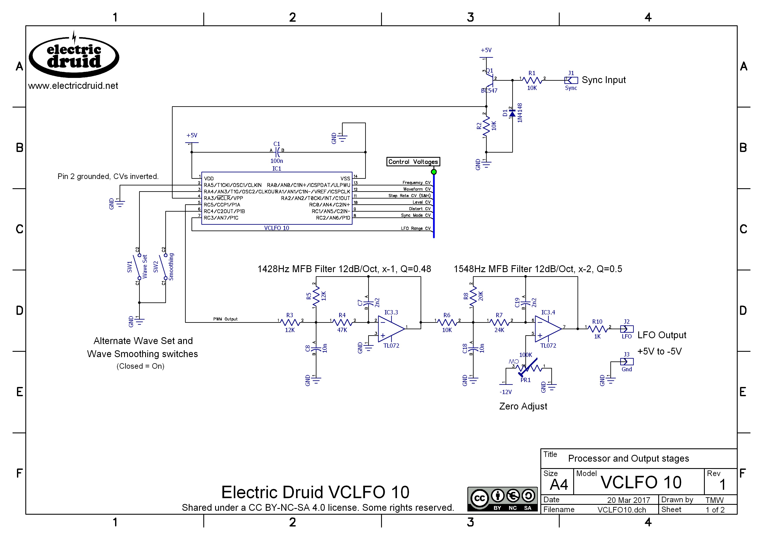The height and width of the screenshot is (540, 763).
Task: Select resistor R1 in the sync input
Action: pos(532,80)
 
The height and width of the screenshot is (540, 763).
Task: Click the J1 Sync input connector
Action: pos(571,80)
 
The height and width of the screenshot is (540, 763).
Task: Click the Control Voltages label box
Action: pos(413,162)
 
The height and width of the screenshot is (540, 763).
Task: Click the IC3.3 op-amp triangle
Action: pos(391,329)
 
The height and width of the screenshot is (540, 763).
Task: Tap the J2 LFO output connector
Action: pos(627,329)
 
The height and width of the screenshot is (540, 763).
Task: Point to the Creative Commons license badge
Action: pos(502,499)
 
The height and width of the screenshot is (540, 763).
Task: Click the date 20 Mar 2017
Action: pos(628,500)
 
